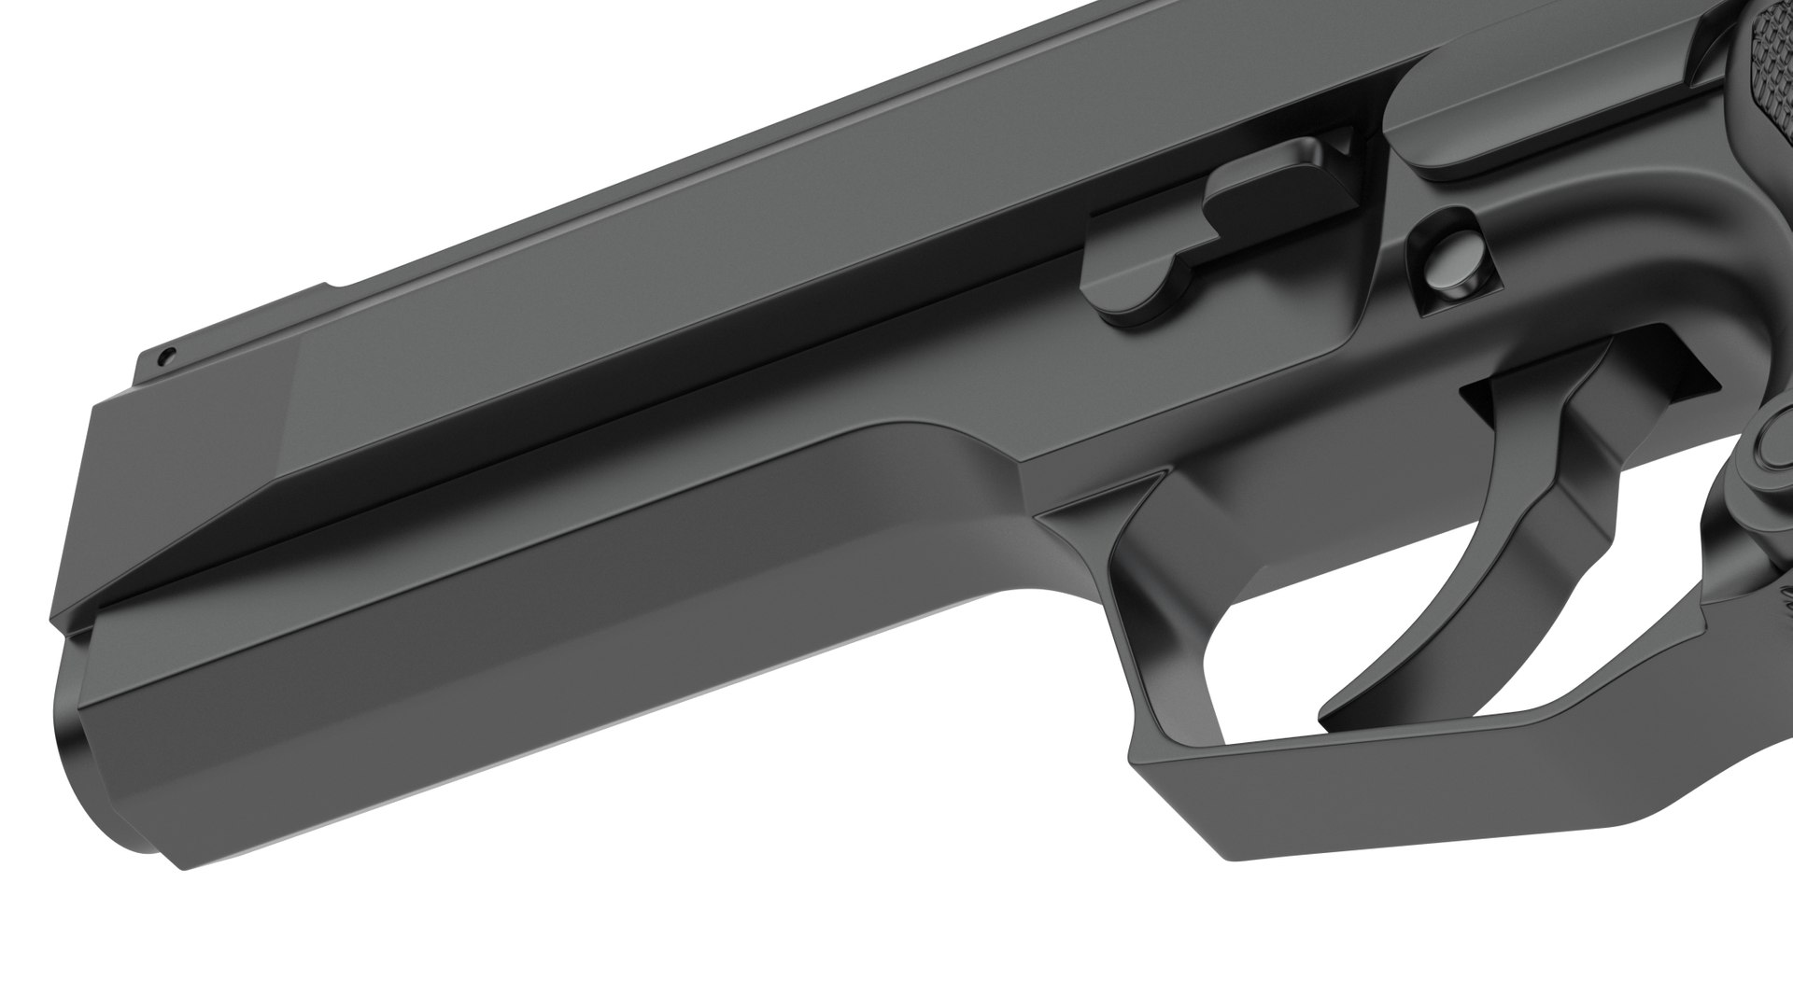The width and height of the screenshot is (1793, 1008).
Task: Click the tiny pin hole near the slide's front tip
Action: pyautogui.click(x=165, y=356)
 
